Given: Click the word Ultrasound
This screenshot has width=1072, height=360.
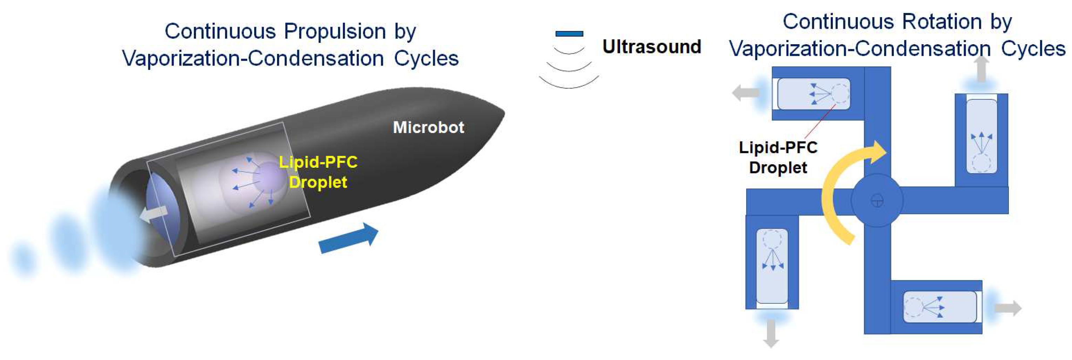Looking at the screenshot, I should pyautogui.click(x=652, y=47).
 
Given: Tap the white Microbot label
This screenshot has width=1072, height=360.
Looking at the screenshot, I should pyautogui.click(x=428, y=127).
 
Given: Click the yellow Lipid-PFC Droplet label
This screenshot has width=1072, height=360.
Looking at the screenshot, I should pyautogui.click(x=318, y=172).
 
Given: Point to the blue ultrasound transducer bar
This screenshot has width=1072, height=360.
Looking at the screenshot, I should pyautogui.click(x=569, y=34).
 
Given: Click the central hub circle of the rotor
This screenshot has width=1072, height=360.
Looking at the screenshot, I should pyautogui.click(x=877, y=201).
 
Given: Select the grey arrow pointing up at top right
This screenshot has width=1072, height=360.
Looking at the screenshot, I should pyautogui.click(x=982, y=68).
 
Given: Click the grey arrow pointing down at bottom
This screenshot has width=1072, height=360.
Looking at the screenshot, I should pyautogui.click(x=771, y=333).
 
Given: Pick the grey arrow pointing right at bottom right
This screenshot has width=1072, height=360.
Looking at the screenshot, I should pyautogui.click(x=1007, y=308).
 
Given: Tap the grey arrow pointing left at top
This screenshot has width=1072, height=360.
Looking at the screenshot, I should pyautogui.click(x=745, y=92).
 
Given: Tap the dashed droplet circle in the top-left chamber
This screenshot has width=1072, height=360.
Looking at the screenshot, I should pyautogui.click(x=840, y=94).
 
